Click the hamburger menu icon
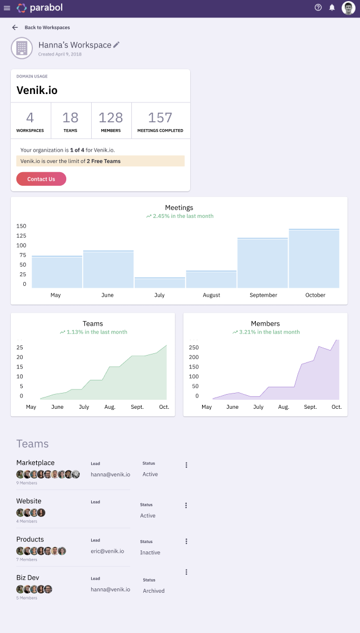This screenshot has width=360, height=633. point(7,8)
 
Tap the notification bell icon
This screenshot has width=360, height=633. point(332,8)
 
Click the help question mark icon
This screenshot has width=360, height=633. point(318,8)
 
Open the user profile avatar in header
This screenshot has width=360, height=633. point(348,8)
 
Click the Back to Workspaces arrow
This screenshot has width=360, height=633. point(15,27)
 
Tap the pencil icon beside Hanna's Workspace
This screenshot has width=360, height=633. point(117,45)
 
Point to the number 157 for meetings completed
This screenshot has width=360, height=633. point(160,118)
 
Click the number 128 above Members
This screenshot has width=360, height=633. point(110,118)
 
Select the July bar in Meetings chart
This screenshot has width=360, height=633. point(160,282)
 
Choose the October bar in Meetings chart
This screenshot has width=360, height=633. point(314,258)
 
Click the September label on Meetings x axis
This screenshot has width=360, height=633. point(263,295)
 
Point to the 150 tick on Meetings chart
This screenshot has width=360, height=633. point(22,226)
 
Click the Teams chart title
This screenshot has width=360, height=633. point(93,324)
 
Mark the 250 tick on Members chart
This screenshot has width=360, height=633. point(194,347)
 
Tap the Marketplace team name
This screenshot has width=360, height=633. point(36,463)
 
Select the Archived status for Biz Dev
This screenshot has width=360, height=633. point(153,591)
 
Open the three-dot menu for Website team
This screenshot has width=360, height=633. point(186,506)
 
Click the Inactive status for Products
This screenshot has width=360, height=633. point(150,553)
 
